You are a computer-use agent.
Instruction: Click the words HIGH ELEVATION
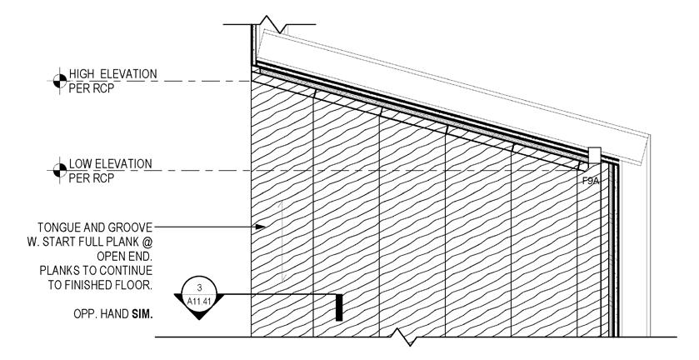pyautogui.click(x=113, y=75)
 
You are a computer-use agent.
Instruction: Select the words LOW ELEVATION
pyautogui.click(x=110, y=164)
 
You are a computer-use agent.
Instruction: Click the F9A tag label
pyautogui.click(x=592, y=177)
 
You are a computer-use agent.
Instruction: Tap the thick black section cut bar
pyautogui.click(x=339, y=307)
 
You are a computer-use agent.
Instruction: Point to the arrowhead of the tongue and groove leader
pyautogui.click(x=259, y=226)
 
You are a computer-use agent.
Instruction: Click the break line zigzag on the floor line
pyautogui.click(x=403, y=337)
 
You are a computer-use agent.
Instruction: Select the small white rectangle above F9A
pyautogui.click(x=594, y=156)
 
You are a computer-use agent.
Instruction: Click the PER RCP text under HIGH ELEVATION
pyautogui.click(x=92, y=88)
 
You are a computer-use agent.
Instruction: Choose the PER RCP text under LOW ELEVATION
pyautogui.click(x=92, y=177)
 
